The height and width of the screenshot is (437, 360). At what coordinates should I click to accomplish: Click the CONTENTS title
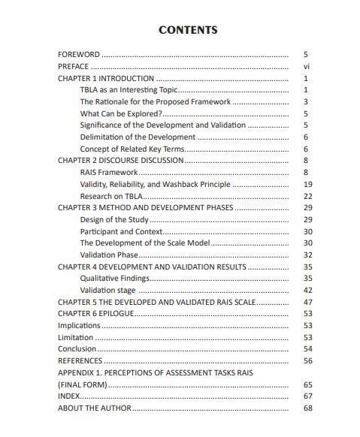[188, 30]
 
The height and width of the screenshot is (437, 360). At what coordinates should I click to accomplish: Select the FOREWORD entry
[79, 55]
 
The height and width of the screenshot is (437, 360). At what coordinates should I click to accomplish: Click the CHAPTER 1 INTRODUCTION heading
[106, 78]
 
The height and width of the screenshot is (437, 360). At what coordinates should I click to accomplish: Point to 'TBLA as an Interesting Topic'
[129, 90]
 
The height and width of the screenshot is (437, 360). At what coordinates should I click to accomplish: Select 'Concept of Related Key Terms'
[133, 149]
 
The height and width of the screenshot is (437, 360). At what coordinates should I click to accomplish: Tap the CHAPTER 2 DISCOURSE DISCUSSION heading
[120, 161]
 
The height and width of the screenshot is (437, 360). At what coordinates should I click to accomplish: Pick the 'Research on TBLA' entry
[112, 196]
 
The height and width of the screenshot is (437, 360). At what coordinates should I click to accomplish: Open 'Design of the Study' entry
[114, 219]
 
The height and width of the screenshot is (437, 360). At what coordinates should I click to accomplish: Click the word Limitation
[76, 337]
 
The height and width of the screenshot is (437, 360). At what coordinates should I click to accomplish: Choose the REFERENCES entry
[80, 360]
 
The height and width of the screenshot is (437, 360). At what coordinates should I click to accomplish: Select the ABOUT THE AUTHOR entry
[95, 408]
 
